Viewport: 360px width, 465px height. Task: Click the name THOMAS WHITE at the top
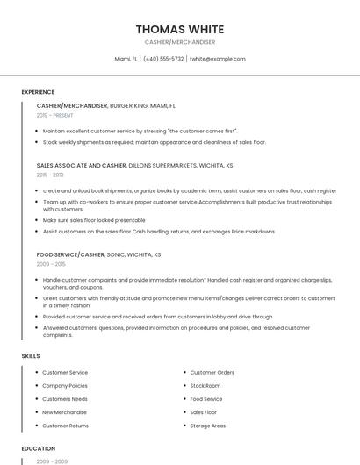180,29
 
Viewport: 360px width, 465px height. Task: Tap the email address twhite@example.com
217,59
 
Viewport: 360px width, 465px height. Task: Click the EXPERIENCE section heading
38,92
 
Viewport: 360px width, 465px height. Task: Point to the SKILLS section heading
31,356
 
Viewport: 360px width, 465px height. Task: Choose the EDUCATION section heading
39,448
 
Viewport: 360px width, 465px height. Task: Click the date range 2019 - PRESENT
55,115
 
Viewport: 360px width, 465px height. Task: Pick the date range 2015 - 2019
50,175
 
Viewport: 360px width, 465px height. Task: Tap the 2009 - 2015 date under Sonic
50,263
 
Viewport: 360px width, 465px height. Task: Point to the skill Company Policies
65,386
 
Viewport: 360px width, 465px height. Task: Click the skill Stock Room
205,386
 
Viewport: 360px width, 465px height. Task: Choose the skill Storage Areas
208,426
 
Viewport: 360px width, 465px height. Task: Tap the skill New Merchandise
65,412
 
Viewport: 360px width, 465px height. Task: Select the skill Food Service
206,399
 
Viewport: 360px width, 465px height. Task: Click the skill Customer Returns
66,426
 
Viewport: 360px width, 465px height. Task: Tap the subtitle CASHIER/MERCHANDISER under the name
180,42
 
